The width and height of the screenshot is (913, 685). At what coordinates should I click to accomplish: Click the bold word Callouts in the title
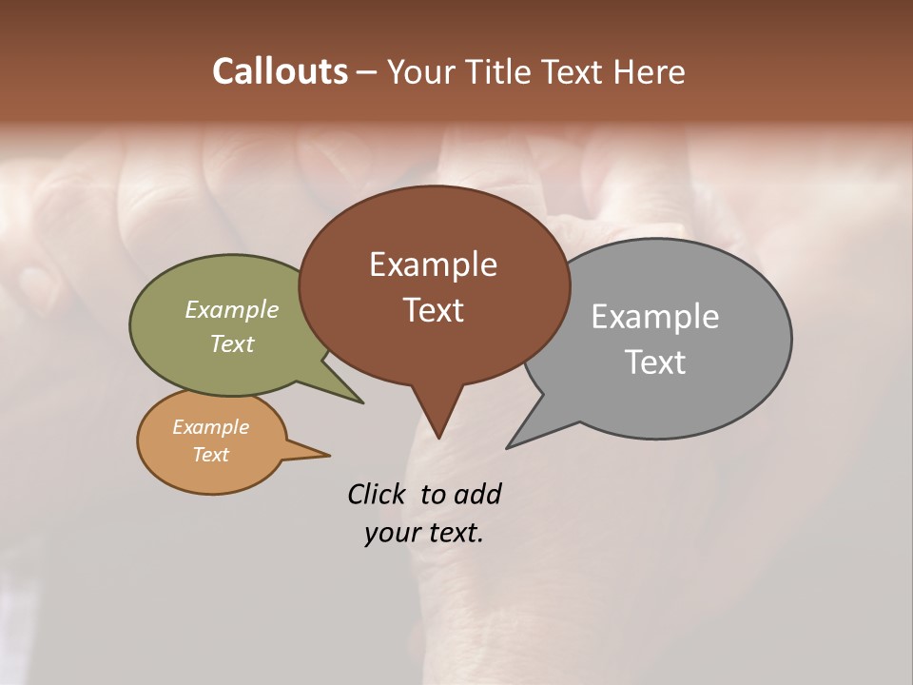280,71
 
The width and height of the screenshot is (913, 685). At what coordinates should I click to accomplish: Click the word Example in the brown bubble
433,264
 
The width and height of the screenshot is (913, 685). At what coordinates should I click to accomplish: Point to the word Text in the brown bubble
433,310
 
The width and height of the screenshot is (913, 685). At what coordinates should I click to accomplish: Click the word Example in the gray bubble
655,317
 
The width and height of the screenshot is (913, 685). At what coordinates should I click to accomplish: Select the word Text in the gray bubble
655,362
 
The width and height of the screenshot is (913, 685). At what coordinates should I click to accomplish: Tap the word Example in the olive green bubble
232,310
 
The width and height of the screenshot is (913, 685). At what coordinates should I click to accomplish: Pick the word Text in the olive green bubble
232,343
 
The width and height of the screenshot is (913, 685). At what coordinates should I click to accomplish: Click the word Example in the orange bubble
210,427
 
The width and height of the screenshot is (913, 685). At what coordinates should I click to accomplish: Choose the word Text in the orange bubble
210,455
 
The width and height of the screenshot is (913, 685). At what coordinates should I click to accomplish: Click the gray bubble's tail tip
509,446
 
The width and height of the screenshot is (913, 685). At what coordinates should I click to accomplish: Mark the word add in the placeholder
476,494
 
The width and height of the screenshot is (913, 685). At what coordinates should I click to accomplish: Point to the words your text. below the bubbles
424,533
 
